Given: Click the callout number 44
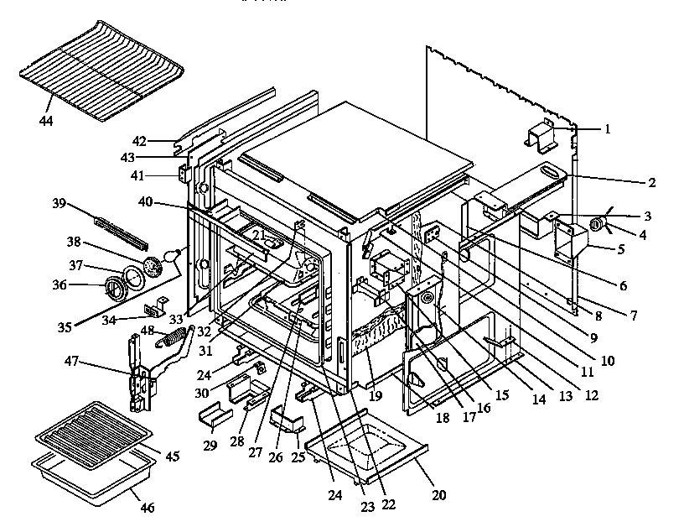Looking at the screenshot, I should click(x=45, y=122).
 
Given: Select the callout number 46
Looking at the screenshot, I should click(x=148, y=507).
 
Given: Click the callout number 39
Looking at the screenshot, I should click(x=59, y=205).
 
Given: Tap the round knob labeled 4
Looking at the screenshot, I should click(x=600, y=223).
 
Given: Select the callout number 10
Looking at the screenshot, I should click(x=608, y=361).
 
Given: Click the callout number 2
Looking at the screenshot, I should click(x=651, y=181).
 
